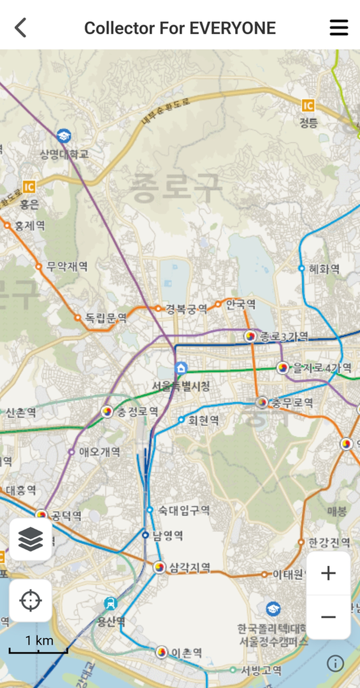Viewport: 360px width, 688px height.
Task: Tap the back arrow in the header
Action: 21,28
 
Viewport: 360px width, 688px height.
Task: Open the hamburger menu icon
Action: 339,28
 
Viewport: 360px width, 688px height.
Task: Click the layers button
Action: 30,539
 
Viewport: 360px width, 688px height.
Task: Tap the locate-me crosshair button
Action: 30,600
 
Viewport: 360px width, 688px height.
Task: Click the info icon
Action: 335,663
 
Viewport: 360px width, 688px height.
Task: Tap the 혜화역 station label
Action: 324,269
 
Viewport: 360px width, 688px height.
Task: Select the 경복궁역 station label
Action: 186,309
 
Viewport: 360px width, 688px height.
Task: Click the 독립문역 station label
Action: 106,318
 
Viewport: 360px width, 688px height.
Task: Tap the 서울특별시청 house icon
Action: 181,368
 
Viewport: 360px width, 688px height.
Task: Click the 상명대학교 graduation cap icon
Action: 64,136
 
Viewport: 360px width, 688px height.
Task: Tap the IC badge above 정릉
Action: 308,106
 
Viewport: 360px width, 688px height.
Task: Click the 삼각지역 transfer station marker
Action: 159,567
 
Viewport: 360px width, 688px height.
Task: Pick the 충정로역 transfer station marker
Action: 107,411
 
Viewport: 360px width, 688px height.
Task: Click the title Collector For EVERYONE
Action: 180,28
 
